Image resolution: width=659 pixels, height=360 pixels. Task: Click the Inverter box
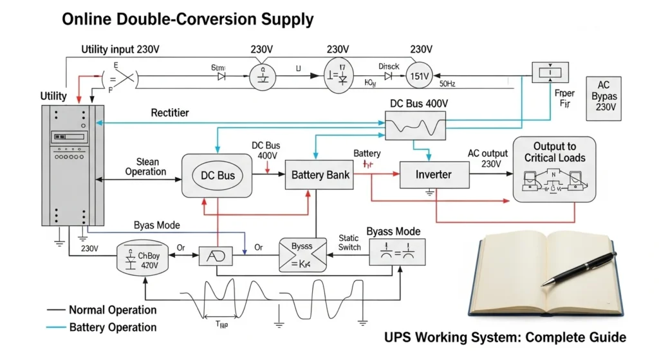(x=434, y=175)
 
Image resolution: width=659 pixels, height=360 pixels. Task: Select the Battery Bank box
(x=320, y=175)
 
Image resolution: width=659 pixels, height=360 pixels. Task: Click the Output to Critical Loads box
(x=553, y=169)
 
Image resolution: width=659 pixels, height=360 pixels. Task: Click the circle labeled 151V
(x=420, y=77)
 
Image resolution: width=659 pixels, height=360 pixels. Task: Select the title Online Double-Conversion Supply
(x=187, y=19)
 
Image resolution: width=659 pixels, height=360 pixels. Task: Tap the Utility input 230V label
(x=121, y=50)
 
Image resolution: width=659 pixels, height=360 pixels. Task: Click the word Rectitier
(x=169, y=113)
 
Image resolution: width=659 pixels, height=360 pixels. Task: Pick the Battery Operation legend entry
(x=113, y=327)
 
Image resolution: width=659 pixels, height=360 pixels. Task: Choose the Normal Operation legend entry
(x=113, y=310)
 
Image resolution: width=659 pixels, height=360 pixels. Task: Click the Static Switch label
(x=349, y=243)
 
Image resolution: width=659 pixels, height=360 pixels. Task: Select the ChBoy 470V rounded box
(x=146, y=260)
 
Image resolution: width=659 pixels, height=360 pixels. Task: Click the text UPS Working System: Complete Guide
(x=505, y=337)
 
